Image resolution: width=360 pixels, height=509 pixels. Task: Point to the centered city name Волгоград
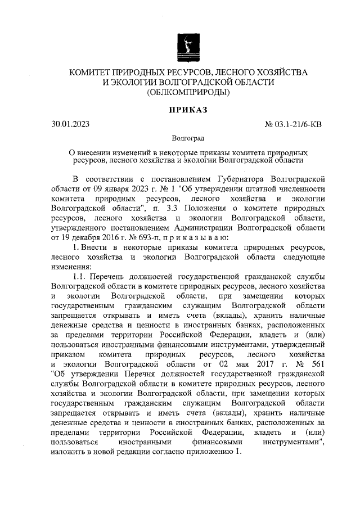(188, 138)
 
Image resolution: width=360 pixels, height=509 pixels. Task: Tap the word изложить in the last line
(67, 451)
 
